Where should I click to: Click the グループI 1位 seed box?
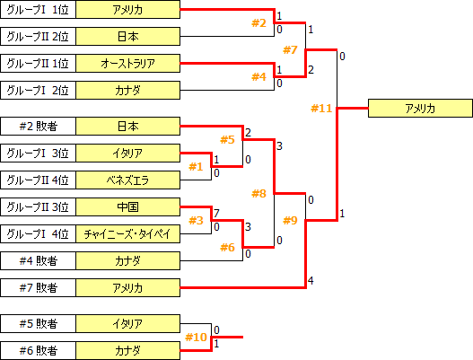click(38, 10)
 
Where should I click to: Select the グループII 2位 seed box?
click(38, 37)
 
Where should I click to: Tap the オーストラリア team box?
click(128, 64)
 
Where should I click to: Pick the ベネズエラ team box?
click(128, 180)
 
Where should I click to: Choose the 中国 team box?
click(128, 206)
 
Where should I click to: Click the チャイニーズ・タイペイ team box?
click(128, 233)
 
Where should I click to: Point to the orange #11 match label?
click(321, 109)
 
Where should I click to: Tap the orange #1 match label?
click(197, 166)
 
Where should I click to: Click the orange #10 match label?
click(196, 337)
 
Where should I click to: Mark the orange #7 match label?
click(289, 49)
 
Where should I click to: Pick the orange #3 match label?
click(197, 220)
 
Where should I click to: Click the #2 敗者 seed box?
click(38, 126)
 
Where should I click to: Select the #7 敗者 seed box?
click(38, 287)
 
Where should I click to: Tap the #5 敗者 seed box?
click(38, 323)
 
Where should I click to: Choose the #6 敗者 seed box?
click(38, 350)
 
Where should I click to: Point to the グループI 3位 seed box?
click(38, 153)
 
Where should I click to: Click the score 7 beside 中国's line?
click(216, 213)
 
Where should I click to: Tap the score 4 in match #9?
click(310, 282)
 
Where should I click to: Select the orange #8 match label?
click(258, 193)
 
